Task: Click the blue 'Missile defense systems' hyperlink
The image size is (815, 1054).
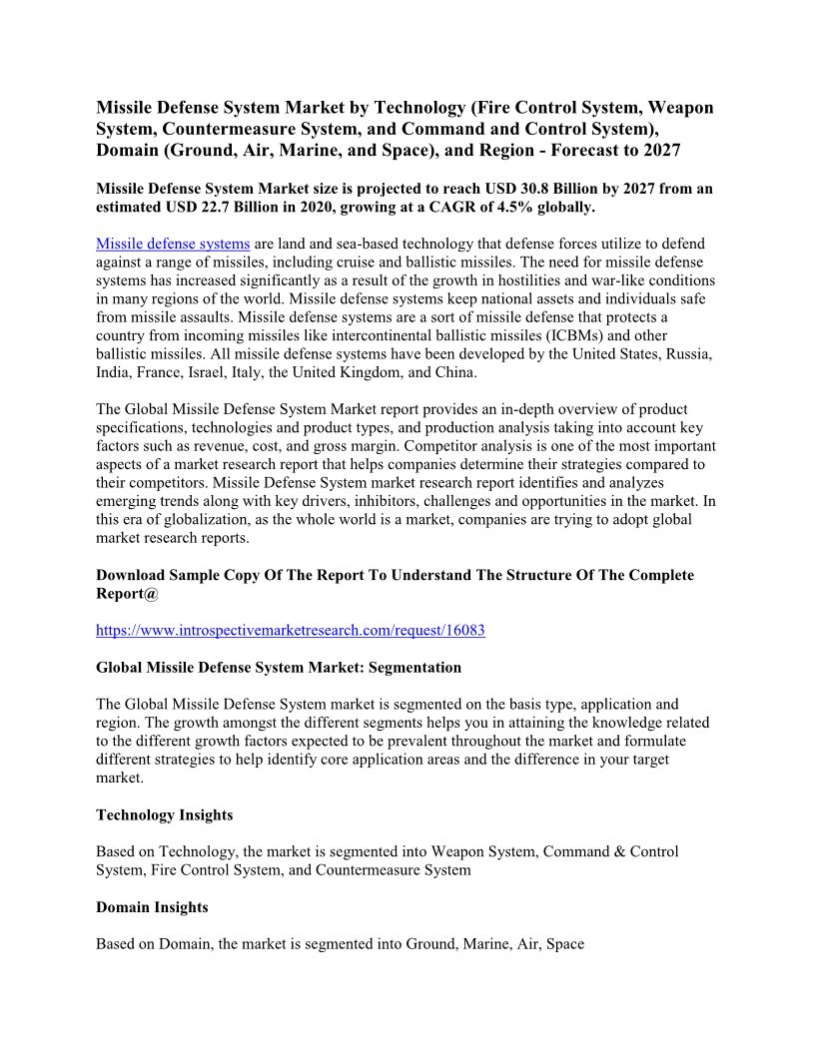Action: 173,245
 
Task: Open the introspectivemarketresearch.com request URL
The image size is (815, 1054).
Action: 291,631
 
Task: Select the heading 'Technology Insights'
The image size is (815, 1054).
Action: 165,815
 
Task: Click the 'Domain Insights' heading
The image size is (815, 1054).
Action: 152,907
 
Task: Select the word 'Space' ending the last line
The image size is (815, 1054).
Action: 564,943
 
